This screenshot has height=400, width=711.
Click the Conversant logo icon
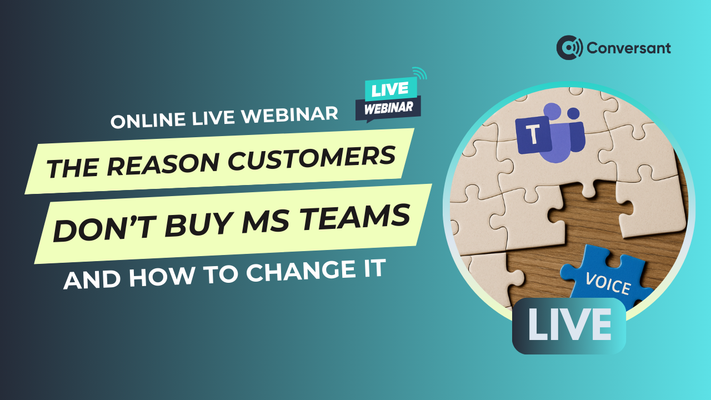[x=569, y=48]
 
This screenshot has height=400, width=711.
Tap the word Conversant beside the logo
[x=629, y=48]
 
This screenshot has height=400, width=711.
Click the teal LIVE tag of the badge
[x=390, y=89]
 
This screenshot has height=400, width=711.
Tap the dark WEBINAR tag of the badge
[x=388, y=108]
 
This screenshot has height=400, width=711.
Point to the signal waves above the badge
[x=420, y=73]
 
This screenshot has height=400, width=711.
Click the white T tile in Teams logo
[x=534, y=135]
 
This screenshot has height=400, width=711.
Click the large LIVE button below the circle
[x=569, y=326]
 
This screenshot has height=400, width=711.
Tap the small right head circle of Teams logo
[x=573, y=114]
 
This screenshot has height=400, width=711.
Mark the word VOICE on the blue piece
[x=608, y=283]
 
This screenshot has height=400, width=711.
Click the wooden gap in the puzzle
[x=590, y=222]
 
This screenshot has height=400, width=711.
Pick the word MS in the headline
[x=265, y=221]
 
